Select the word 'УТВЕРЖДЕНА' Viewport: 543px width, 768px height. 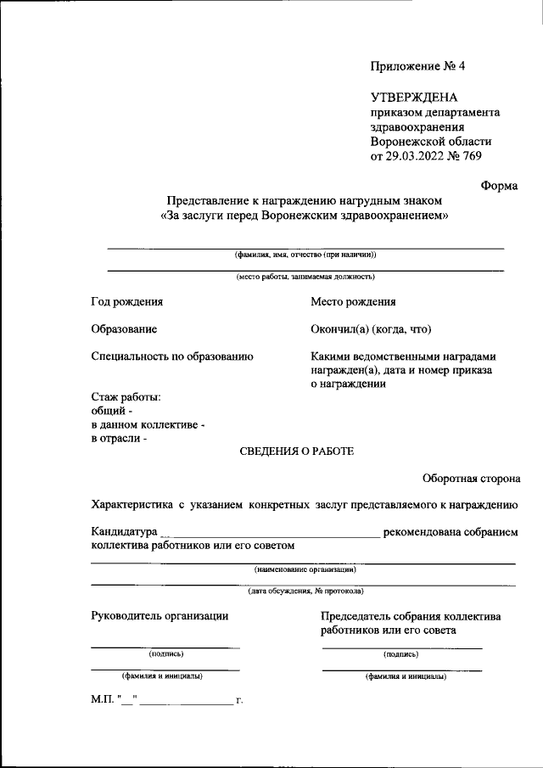coord(414,98)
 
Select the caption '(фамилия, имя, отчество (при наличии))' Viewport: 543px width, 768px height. coord(305,255)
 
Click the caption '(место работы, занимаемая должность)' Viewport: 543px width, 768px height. coord(305,276)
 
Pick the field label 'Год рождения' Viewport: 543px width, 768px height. coord(127,301)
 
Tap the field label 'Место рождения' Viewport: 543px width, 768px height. coord(353,301)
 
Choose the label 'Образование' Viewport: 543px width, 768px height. coord(124,329)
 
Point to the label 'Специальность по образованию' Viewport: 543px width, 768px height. coord(172,356)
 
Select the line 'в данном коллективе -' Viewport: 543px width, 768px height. coord(148,424)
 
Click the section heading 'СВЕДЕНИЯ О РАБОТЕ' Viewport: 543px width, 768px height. coord(297,451)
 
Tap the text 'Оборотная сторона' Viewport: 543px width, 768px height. coord(472,479)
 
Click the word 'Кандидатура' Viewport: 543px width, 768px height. coord(125,532)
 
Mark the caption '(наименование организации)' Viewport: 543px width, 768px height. coord(305,570)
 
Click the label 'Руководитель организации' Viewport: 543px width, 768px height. coord(160,616)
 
